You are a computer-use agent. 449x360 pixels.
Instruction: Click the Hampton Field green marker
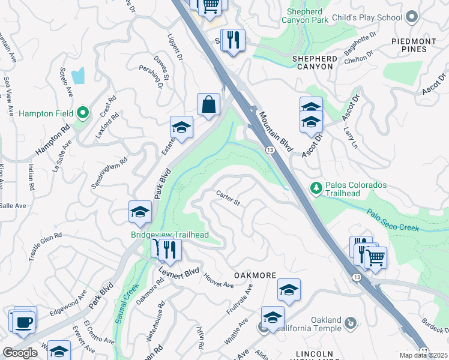click(83, 112)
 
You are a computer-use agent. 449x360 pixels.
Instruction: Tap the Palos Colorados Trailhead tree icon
click(316, 188)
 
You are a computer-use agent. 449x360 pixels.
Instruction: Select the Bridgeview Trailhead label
click(170, 235)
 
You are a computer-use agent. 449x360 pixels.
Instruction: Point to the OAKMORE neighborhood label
click(255, 275)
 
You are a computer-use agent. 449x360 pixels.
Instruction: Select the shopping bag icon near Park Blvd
click(208, 104)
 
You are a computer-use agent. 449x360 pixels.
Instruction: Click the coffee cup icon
click(24, 322)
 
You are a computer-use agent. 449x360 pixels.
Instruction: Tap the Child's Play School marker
click(412, 17)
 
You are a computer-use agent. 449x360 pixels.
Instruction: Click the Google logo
click(20, 353)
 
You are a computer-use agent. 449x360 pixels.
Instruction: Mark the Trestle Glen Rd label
click(45, 247)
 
